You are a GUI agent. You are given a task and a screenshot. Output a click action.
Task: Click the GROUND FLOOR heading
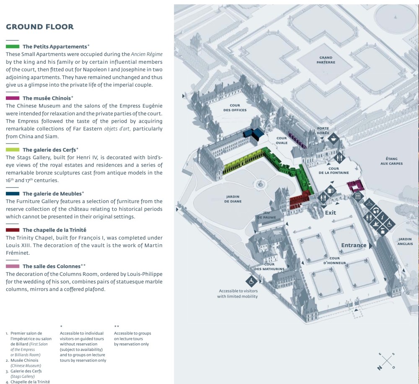[x=40, y=27]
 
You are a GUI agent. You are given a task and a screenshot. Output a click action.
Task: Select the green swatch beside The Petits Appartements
[x=13, y=46]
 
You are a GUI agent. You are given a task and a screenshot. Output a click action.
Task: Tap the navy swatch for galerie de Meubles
[x=13, y=193]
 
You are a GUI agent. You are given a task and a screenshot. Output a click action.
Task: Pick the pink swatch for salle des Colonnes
[x=13, y=266]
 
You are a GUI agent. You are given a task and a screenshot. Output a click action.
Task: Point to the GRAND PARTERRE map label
[x=326, y=60]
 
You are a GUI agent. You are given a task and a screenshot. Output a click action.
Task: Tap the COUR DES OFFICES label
[x=235, y=107]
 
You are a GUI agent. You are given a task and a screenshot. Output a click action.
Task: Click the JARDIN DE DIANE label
[x=233, y=199]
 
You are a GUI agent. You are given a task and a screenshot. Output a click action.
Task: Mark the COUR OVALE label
[x=282, y=140]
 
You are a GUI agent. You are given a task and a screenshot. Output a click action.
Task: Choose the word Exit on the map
[x=331, y=213]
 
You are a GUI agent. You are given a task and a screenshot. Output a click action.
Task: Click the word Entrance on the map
[x=354, y=246]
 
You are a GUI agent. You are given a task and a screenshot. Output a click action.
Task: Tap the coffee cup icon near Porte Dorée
[x=333, y=138]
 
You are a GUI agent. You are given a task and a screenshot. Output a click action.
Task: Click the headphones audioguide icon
[x=376, y=211]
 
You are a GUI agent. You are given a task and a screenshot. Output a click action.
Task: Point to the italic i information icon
[x=383, y=217]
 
